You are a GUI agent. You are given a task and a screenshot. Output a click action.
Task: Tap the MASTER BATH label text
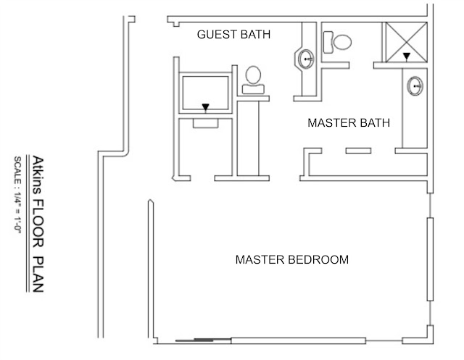pos(349,122)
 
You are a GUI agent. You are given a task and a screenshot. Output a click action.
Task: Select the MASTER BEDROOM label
pos(293,259)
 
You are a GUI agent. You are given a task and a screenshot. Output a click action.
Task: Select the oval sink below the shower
pos(415,85)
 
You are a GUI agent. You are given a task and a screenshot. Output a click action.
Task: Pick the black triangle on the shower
pos(407,55)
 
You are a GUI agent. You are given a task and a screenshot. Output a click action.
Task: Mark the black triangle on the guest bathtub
pos(207,108)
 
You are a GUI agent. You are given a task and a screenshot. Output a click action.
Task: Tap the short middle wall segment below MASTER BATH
pos(358,151)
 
